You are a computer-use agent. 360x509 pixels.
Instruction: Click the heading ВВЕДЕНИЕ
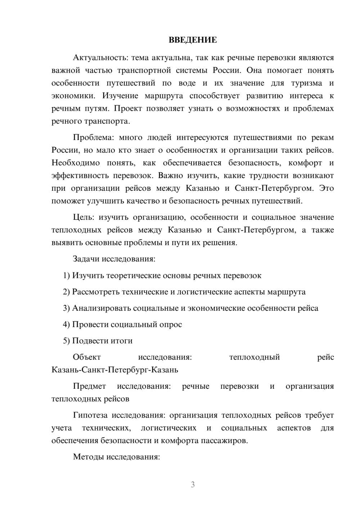pyautogui.click(x=193, y=40)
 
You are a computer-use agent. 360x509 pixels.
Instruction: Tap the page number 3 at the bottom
pyautogui.click(x=193, y=485)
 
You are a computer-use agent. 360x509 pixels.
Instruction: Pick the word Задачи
pyautogui.click(x=86, y=259)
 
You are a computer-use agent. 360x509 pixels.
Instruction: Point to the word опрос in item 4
pyautogui.click(x=171, y=324)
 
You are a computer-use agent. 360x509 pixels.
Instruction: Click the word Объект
pyautogui.click(x=87, y=357)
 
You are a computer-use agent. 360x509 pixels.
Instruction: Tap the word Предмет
pyautogui.click(x=89, y=386)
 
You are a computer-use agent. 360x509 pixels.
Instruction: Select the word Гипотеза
pyautogui.click(x=90, y=415)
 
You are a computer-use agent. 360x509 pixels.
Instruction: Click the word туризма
pyautogui.click(x=307, y=83)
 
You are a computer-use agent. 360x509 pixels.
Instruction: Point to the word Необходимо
pyautogui.click(x=76, y=163)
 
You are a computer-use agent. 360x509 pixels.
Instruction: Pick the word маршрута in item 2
pyautogui.click(x=286, y=292)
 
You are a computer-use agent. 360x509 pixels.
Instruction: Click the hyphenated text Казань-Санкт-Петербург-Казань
pyautogui.click(x=115, y=370)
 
